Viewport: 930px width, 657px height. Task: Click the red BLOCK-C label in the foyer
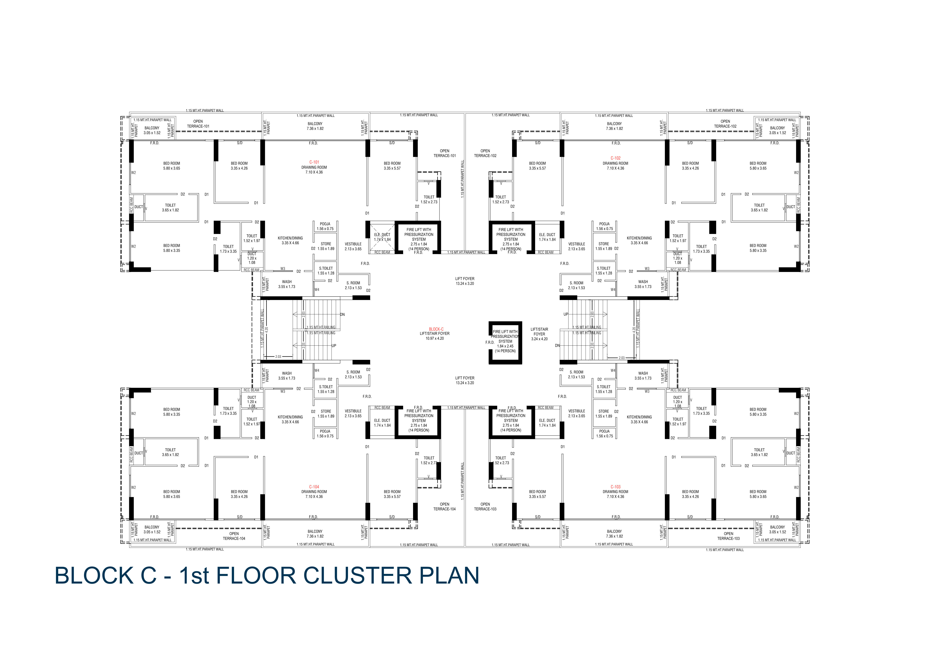(x=436, y=329)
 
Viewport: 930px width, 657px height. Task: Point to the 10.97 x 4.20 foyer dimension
(x=435, y=338)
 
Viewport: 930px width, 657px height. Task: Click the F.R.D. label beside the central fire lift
(x=490, y=342)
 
